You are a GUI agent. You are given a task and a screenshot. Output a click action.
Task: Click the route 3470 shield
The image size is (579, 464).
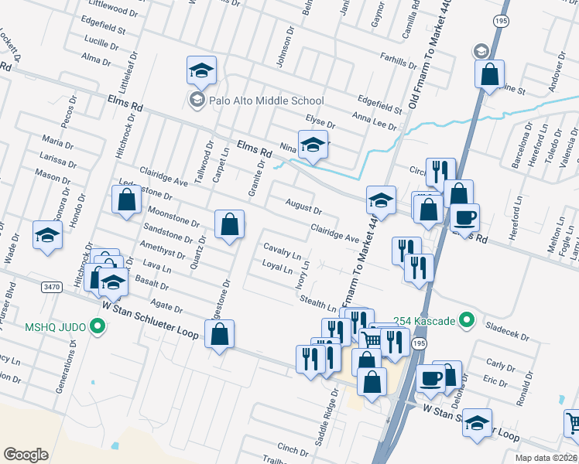click(52, 287)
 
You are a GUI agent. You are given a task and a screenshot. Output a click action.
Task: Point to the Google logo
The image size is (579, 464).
click(26, 455)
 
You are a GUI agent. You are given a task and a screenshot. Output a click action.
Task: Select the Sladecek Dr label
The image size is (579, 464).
click(508, 333)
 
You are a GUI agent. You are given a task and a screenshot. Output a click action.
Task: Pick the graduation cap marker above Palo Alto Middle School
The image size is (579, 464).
click(201, 71)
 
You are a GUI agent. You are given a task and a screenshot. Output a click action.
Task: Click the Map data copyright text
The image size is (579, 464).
click(546, 458)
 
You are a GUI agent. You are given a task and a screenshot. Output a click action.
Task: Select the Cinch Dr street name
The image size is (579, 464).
click(293, 449)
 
